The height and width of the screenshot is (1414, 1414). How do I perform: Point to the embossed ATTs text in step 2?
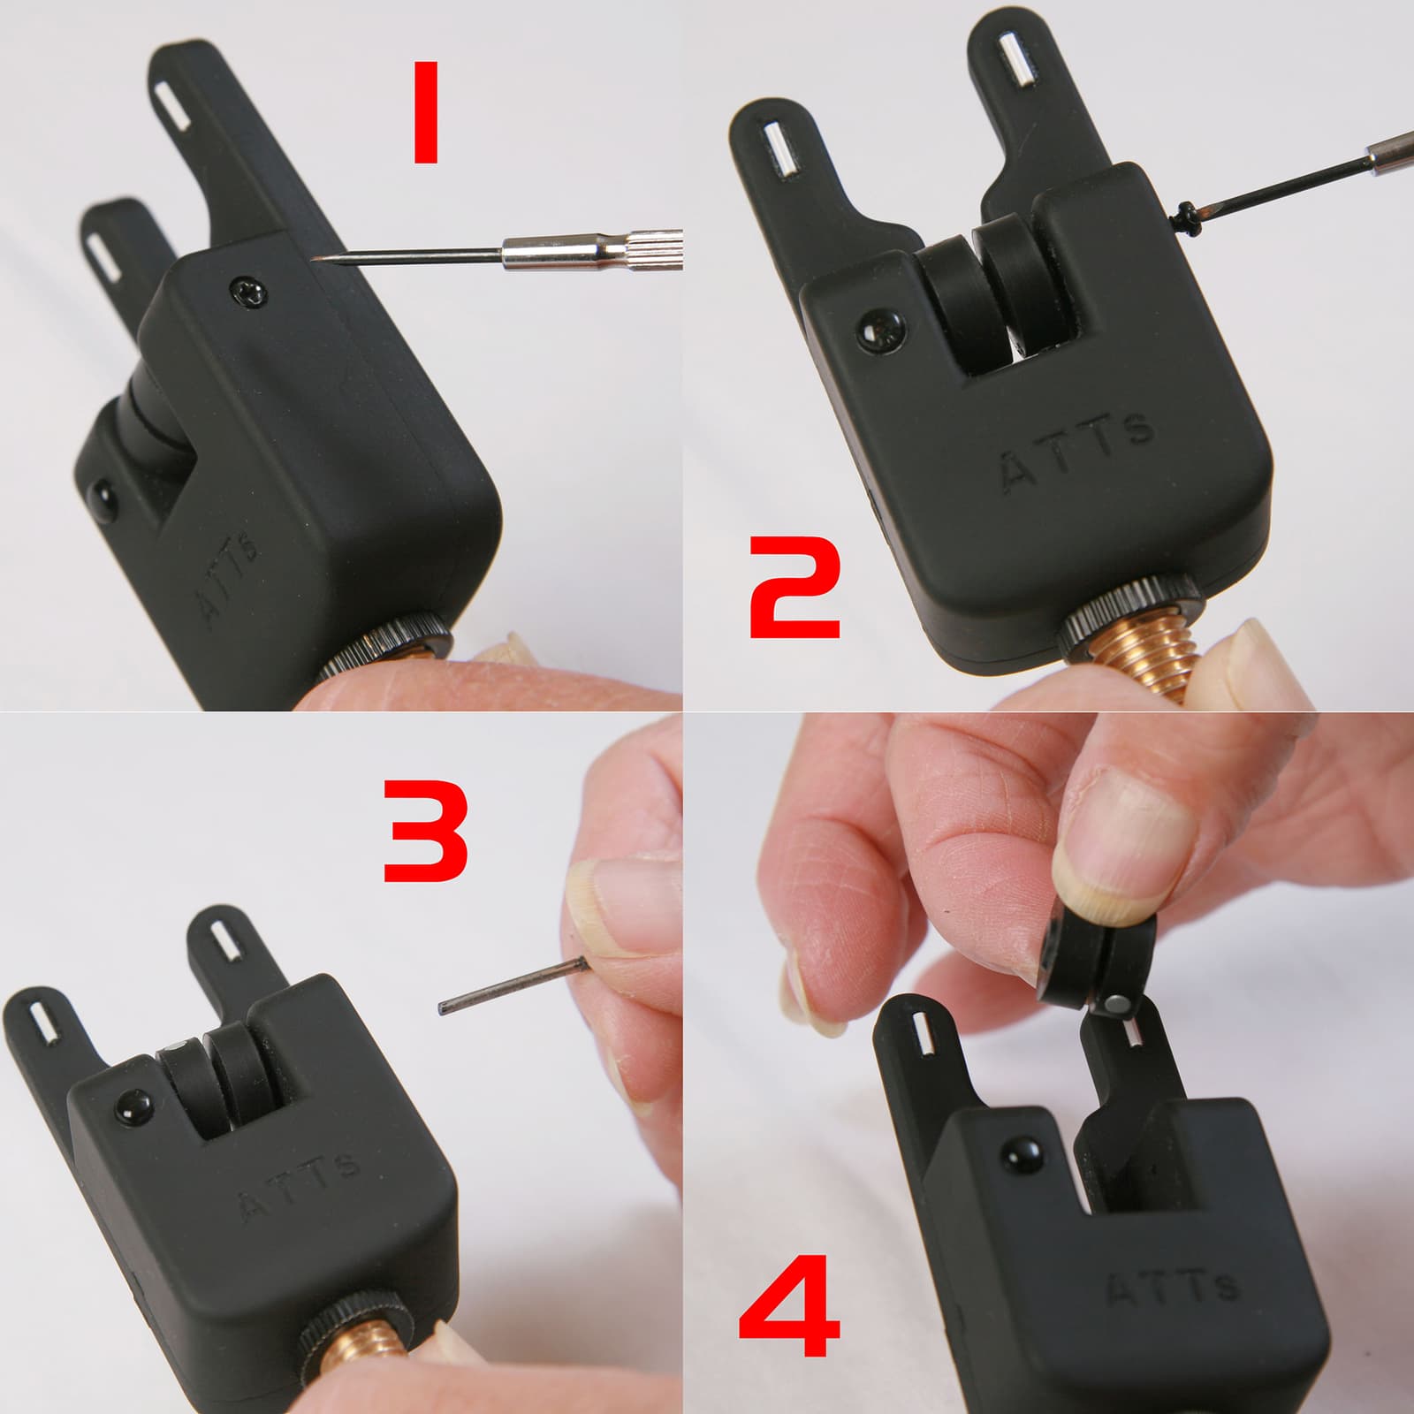pos(1077,450)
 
